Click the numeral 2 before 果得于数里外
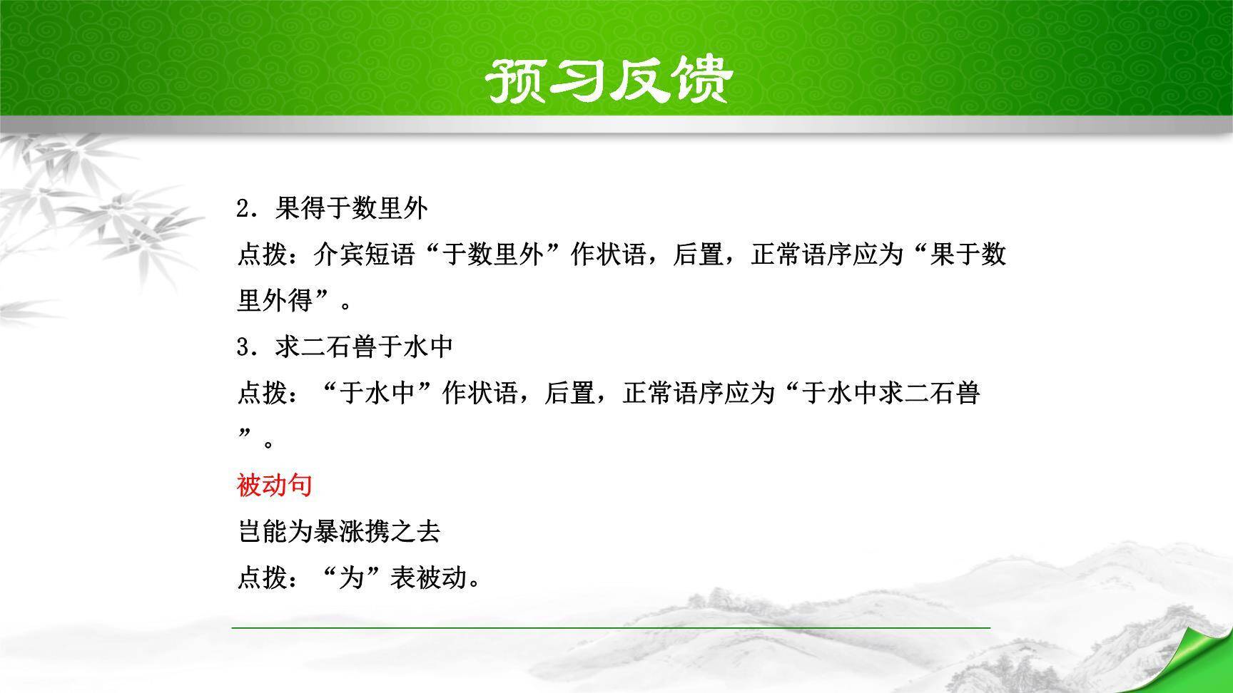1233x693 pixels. pyautogui.click(x=243, y=209)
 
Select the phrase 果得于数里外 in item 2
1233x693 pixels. pyautogui.click(x=352, y=208)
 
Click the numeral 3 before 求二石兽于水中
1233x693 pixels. pyautogui.click(x=243, y=347)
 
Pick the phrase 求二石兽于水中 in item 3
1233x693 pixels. pyautogui.click(x=364, y=347)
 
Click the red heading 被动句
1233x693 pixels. pyautogui.click(x=275, y=486)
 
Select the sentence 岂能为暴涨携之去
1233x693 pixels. pyautogui.click(x=339, y=531)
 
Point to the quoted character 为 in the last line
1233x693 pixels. pyautogui.click(x=351, y=578)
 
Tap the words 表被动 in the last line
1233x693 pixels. pyautogui.click(x=428, y=578)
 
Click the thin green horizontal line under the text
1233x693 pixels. pyautogui.click(x=611, y=627)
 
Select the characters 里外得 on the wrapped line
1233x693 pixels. pyautogui.click(x=275, y=301)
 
